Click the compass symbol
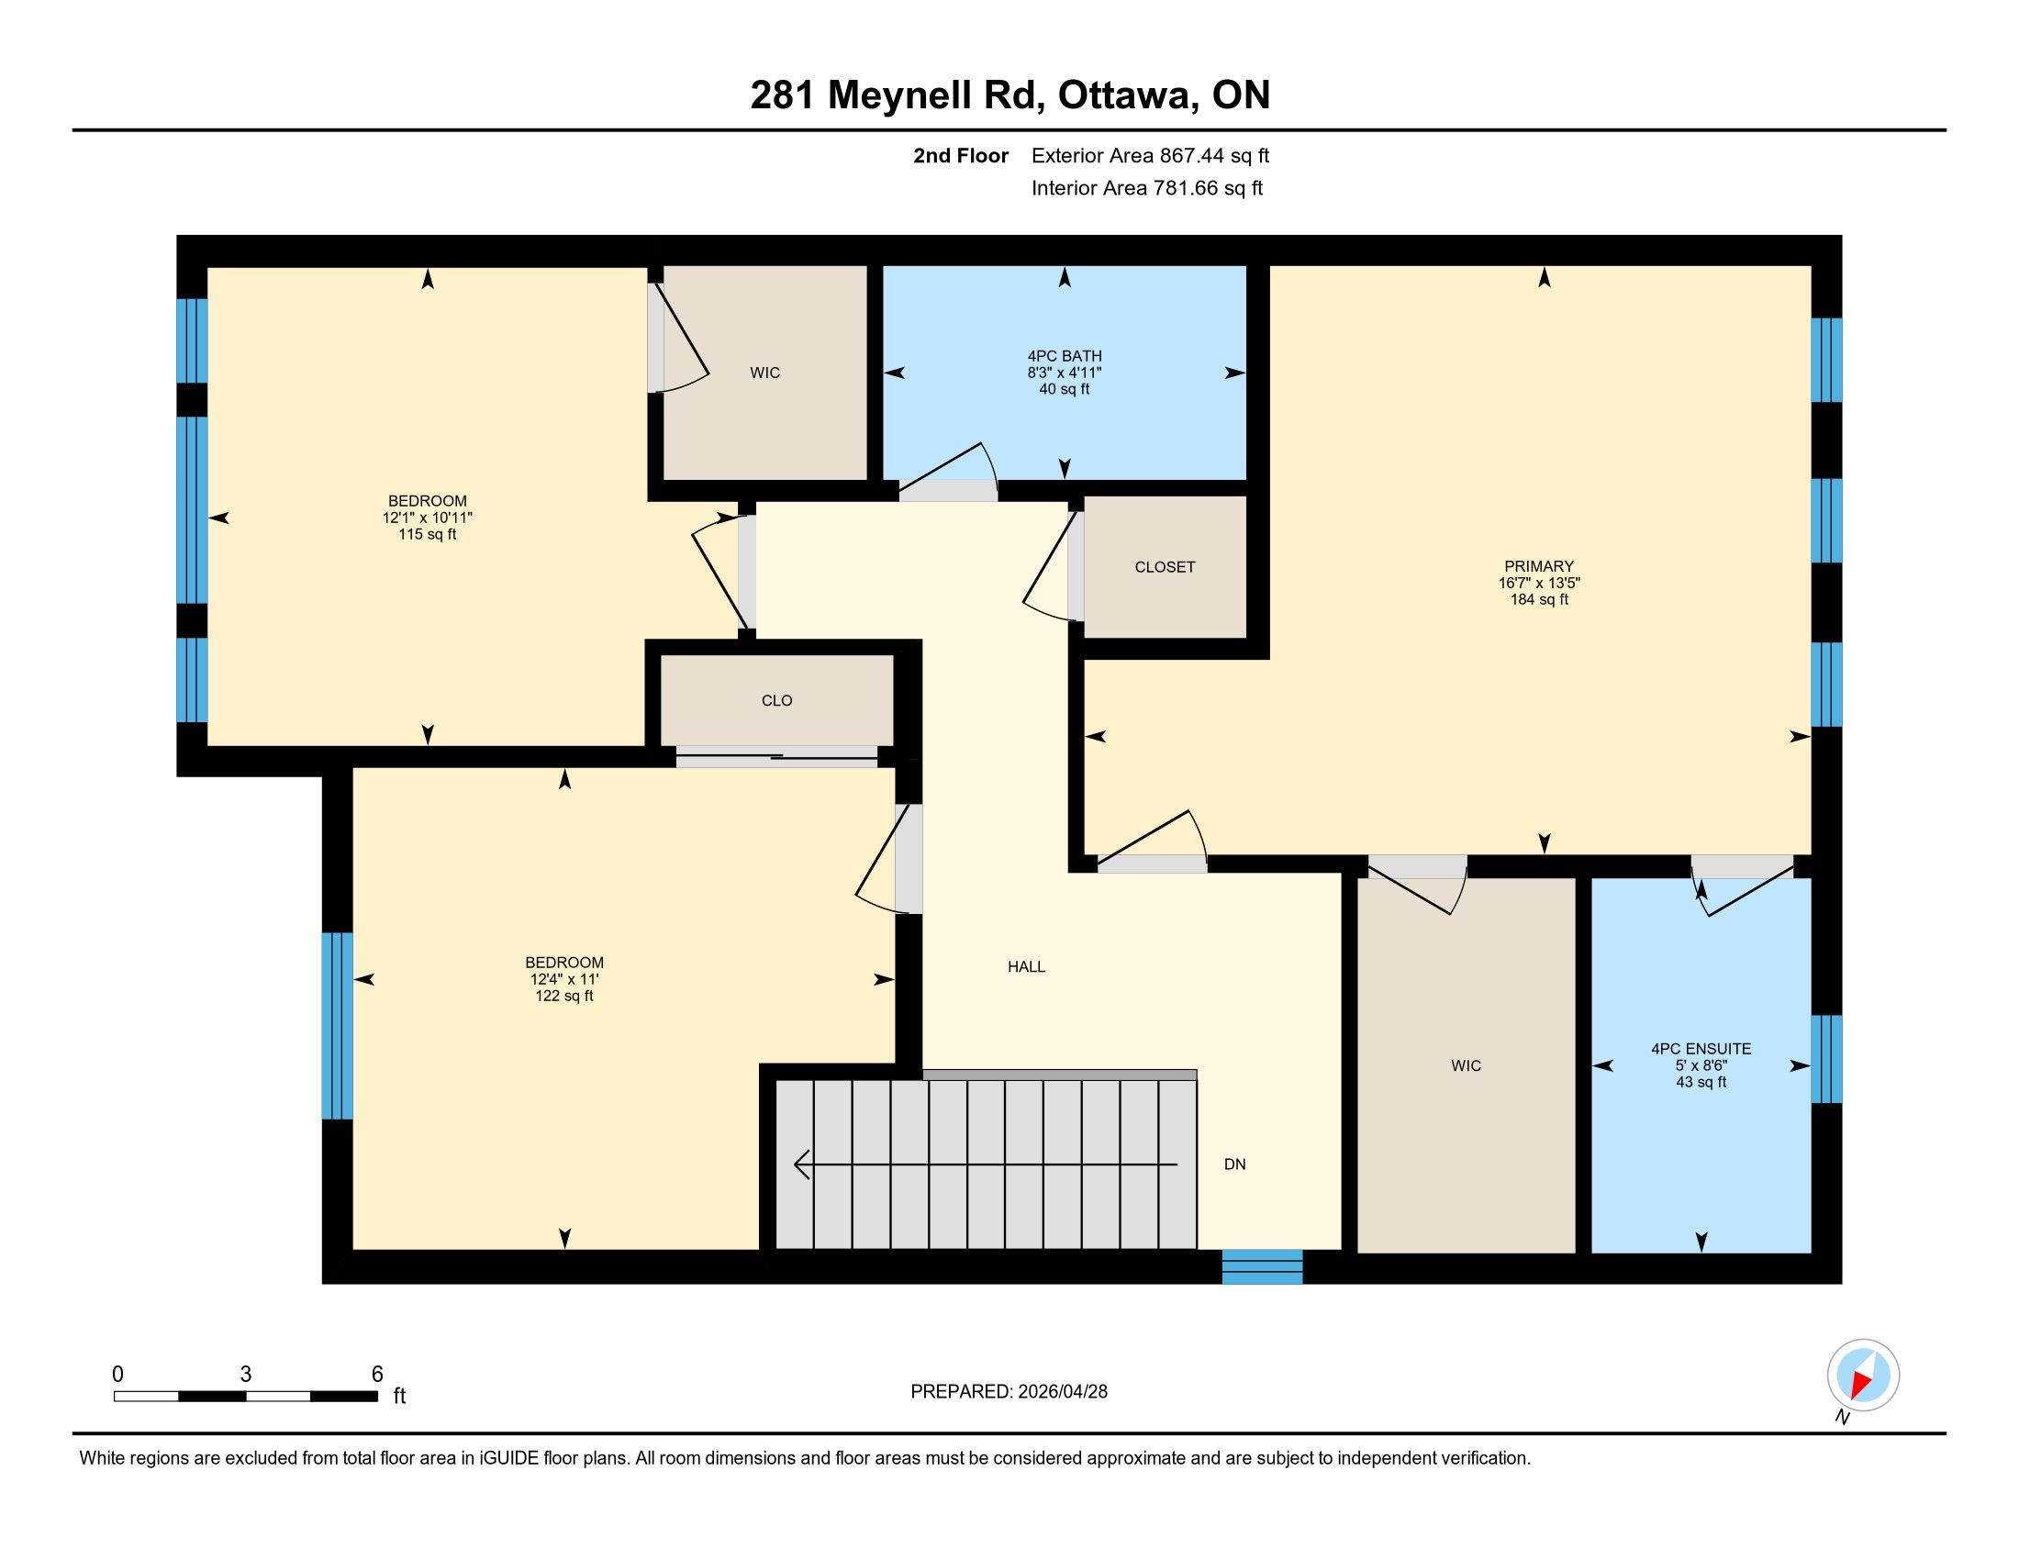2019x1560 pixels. (x=1863, y=1376)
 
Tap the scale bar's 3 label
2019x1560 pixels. (x=246, y=1375)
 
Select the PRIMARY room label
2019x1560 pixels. (x=1538, y=566)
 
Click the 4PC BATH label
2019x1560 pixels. (x=1064, y=356)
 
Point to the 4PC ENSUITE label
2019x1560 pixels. (x=1701, y=1049)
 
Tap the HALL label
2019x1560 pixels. (x=1026, y=966)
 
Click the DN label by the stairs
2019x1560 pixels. (x=1235, y=1164)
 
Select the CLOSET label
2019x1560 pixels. (x=1165, y=567)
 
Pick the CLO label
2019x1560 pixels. (x=776, y=700)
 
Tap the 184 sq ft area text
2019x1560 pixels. (x=1538, y=600)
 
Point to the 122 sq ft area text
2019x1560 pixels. (x=563, y=997)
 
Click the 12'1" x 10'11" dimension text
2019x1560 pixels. (x=427, y=518)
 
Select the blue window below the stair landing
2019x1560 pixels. (x=1262, y=1267)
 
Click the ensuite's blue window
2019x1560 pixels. (x=1825, y=1059)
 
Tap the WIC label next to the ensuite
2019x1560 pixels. (x=1467, y=1066)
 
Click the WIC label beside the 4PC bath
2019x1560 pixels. (x=764, y=373)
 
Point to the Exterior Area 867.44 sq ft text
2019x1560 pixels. (x=1150, y=156)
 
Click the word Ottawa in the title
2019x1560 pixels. (x=1124, y=95)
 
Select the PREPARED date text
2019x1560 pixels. (x=1009, y=1392)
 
